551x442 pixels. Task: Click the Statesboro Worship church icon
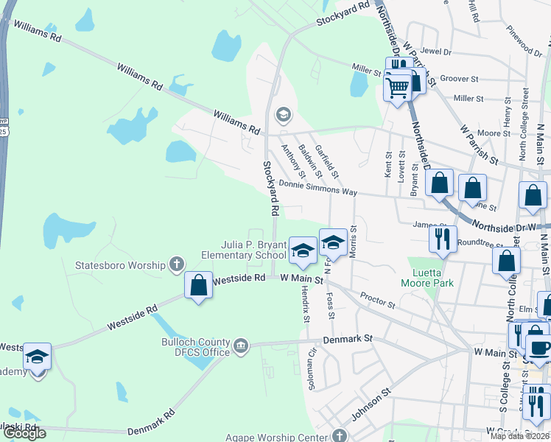[176, 263]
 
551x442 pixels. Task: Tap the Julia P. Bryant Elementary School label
[244, 250]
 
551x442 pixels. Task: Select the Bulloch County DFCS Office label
[196, 347]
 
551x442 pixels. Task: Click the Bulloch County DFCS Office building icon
[240, 345]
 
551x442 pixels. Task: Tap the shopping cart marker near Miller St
[397, 88]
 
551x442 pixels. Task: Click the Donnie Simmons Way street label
[318, 189]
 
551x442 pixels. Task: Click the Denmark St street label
[348, 340]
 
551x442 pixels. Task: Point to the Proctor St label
[378, 300]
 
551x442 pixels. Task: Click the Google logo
[24, 433]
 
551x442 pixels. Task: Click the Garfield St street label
[326, 161]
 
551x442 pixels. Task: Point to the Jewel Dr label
[436, 52]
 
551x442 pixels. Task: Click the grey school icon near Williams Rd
[283, 115]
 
